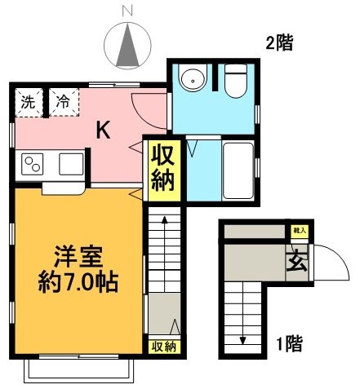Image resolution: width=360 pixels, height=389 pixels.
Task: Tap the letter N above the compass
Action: tap(127, 11)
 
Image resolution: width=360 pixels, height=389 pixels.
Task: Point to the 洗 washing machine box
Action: tap(29, 103)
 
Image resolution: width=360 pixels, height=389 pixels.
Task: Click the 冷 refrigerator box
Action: tap(63, 103)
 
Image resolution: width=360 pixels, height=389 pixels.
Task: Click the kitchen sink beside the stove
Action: tap(69, 166)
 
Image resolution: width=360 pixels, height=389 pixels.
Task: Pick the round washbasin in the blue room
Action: tap(193, 80)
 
